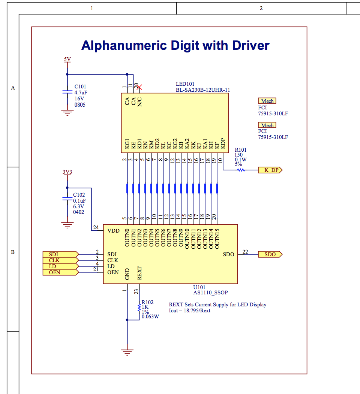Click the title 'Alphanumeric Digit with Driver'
(175, 46)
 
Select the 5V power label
(67, 60)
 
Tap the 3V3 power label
(67, 172)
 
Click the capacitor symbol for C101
(67, 92)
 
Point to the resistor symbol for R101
(241, 170)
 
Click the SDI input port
(60, 254)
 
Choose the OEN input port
(60, 272)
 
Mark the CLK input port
(60, 260)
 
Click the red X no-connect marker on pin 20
(139, 87)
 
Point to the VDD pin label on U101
(113, 231)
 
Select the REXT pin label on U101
(139, 273)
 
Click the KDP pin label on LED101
(223, 144)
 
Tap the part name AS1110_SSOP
(210, 293)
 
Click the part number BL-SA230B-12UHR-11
(203, 90)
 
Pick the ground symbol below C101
(67, 112)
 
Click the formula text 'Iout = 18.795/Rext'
(190, 310)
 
